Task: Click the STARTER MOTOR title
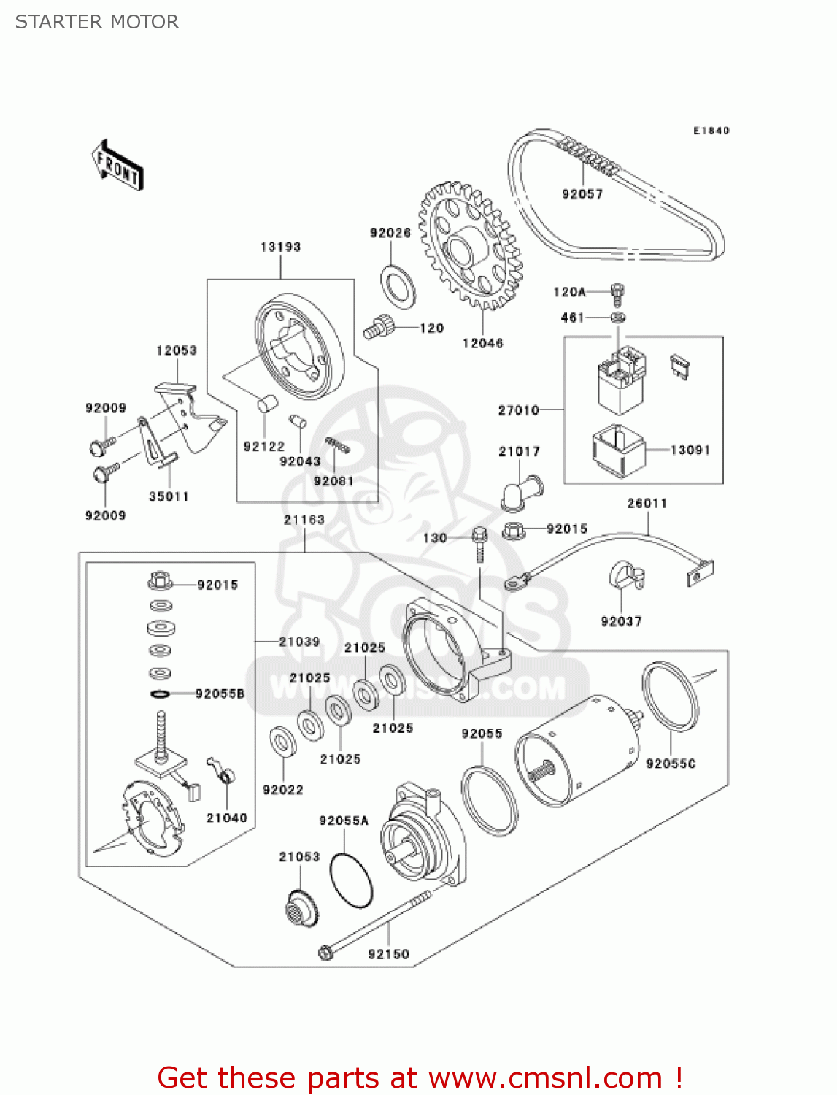click(96, 22)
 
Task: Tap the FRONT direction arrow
click(117, 166)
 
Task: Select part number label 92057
click(582, 193)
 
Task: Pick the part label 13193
click(281, 247)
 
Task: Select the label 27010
click(518, 410)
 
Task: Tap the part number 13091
click(690, 450)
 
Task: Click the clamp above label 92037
click(625, 575)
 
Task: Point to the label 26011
click(647, 503)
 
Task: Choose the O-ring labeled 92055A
click(351, 880)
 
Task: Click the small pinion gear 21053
click(301, 907)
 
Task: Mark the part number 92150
click(388, 954)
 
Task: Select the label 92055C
click(671, 764)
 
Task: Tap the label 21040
click(226, 818)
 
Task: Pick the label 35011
click(169, 496)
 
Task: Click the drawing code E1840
click(711, 131)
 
